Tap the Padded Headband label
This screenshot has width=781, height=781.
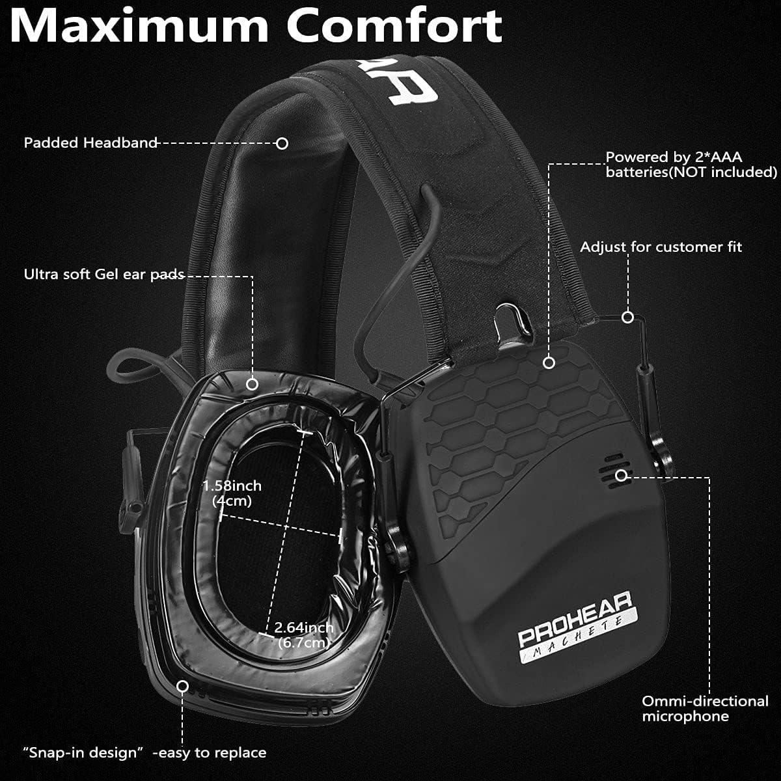[x=90, y=143]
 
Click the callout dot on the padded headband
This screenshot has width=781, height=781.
[x=282, y=143]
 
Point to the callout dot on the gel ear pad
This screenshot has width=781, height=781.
[x=253, y=384]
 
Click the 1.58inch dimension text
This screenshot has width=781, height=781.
[x=232, y=486]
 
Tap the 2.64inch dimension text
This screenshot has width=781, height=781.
[x=304, y=628]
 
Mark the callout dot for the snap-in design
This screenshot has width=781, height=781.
[x=183, y=686]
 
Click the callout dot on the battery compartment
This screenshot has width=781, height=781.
[x=549, y=363]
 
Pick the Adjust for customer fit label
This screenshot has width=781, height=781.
[x=661, y=247]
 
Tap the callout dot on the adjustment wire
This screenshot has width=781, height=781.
[x=627, y=317]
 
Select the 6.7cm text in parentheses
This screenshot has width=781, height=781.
[x=303, y=643]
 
